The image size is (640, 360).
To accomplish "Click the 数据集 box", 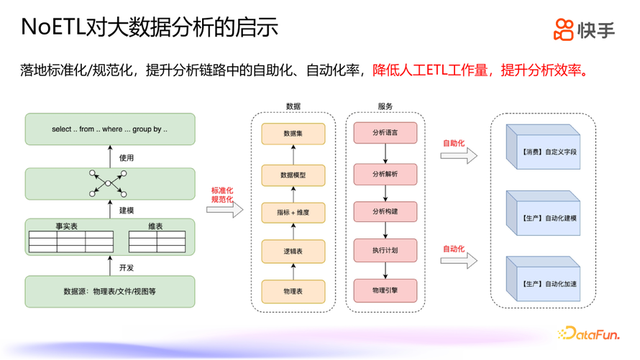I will point(293,134).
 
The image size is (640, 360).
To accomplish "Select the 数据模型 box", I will point(293,175).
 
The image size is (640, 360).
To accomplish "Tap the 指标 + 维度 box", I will point(293,212).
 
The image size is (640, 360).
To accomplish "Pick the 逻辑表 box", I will point(293,251).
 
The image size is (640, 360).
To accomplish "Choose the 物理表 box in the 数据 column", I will point(293,291).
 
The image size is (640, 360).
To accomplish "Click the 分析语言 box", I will point(385,133).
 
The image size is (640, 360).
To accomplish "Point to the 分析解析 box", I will point(385,174).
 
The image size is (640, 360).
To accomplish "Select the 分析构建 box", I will point(385,212).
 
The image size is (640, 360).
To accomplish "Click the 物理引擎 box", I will point(385,290).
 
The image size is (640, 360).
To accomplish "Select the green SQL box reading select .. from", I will point(110,129).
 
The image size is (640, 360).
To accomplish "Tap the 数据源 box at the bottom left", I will point(110,291).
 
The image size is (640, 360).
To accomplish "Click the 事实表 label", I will point(67,226).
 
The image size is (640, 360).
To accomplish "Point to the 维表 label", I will point(155,226).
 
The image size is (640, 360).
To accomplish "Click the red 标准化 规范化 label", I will point(221,195).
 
